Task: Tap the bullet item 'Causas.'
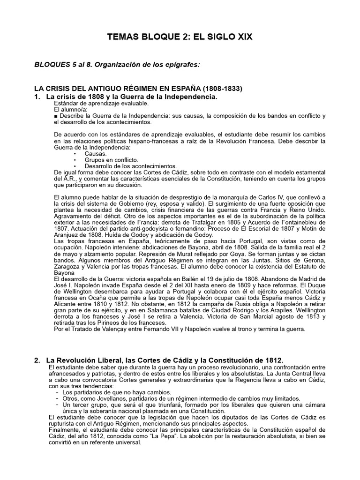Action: tap(95, 153)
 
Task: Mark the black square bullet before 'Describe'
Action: tap(56, 115)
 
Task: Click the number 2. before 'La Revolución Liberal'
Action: tap(37, 360)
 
